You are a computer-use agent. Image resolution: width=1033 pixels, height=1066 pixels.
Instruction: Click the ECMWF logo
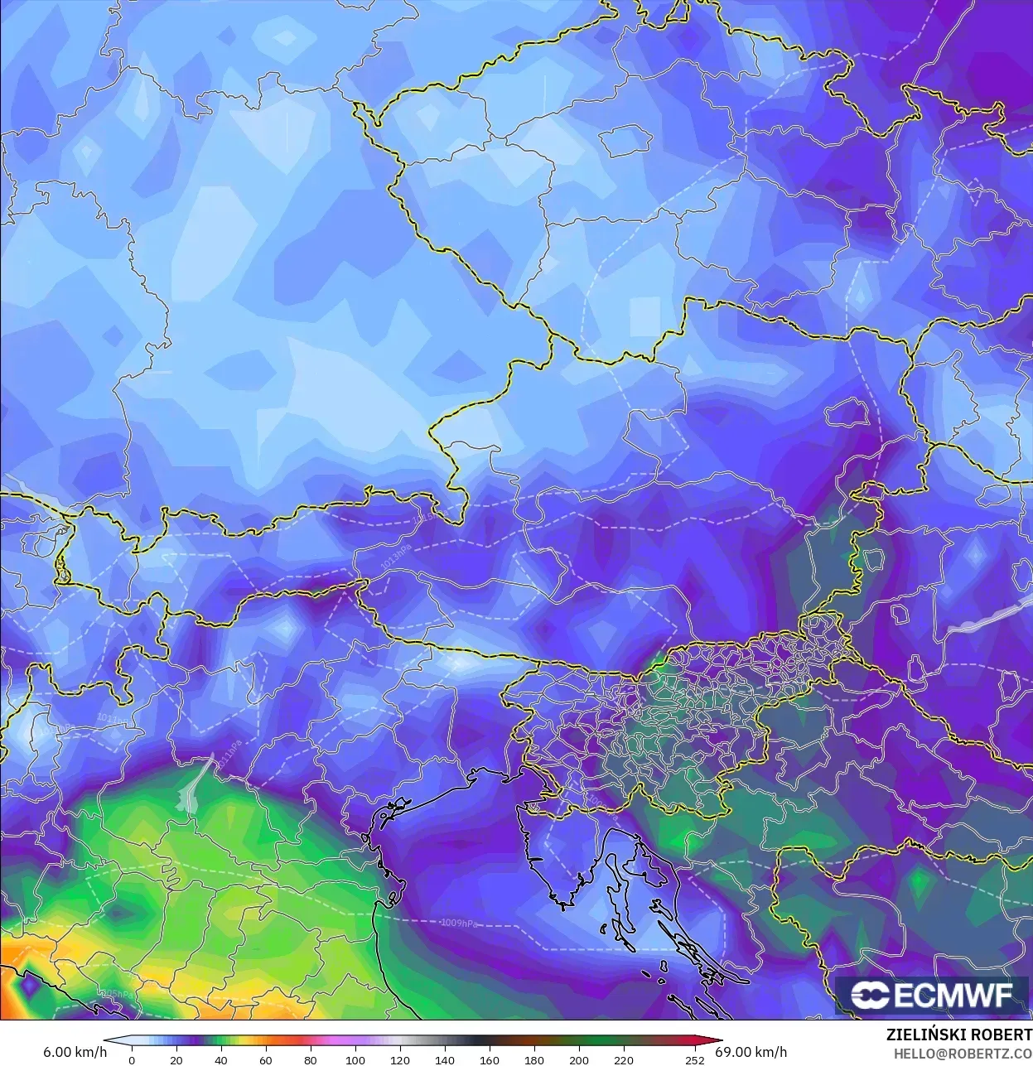tap(932, 995)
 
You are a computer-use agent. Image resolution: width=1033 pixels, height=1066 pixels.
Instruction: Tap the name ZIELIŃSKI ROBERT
tap(958, 1035)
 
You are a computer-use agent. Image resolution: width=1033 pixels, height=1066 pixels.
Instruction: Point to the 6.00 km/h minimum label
tap(75, 1052)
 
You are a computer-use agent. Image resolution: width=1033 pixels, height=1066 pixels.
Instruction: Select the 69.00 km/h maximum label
tap(755, 1052)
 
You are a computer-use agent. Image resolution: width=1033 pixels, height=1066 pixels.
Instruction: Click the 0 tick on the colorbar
tap(131, 1060)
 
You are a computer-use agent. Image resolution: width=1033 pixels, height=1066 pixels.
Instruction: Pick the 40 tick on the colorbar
tap(220, 1060)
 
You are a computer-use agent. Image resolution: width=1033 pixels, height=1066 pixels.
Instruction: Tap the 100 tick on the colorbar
tap(355, 1060)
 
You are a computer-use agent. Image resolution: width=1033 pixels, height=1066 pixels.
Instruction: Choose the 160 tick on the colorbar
tap(489, 1060)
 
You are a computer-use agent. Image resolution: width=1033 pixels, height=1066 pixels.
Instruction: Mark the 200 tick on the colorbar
tap(579, 1060)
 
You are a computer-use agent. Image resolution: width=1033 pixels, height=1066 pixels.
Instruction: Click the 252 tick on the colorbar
tap(695, 1060)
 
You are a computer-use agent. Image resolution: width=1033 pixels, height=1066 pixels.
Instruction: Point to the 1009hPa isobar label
tap(459, 923)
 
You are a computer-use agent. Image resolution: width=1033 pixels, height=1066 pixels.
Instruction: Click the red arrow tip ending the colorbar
tap(717, 1042)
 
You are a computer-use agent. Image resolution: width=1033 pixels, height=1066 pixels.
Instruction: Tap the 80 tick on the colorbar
tap(310, 1060)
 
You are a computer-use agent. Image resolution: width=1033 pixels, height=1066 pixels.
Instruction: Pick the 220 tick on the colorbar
tap(624, 1060)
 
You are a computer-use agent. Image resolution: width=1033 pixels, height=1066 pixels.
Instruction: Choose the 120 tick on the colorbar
tap(399, 1060)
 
